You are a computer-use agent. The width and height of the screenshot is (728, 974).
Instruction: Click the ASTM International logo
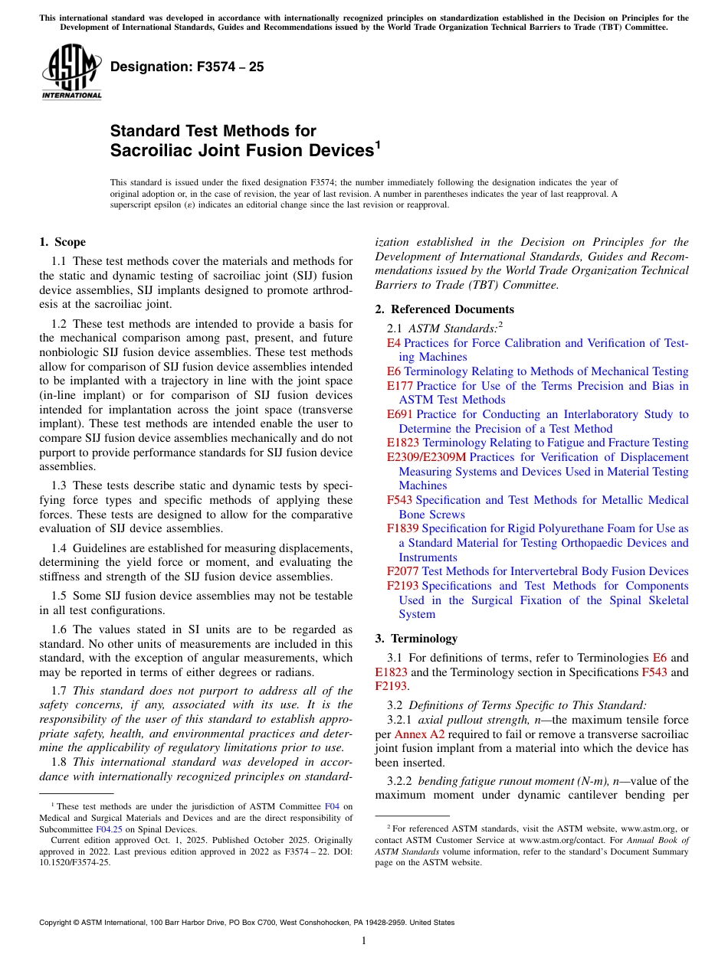(71, 73)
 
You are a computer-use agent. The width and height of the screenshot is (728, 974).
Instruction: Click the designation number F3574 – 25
(187, 67)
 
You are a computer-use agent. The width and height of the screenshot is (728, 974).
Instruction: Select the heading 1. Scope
(62, 242)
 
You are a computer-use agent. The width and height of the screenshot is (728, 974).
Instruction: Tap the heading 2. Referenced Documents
(444, 309)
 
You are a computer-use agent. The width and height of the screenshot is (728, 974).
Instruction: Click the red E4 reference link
(393, 343)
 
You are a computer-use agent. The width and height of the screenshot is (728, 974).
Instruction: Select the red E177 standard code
(400, 386)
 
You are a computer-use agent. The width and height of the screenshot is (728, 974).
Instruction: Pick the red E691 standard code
(400, 414)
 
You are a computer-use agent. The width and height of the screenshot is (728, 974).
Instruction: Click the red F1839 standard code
(402, 528)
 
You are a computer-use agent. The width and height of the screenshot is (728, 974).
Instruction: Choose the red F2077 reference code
(402, 571)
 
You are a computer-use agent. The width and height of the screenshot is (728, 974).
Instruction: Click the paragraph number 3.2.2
(402, 781)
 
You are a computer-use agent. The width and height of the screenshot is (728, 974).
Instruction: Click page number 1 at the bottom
(364, 940)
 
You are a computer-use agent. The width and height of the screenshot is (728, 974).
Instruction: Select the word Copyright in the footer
(57, 923)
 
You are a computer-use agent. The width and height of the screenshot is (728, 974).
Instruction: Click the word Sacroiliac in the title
(152, 150)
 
